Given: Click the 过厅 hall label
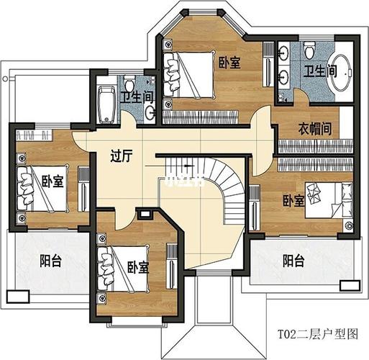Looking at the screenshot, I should [120, 155].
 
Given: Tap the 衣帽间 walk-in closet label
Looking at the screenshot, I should [314, 130].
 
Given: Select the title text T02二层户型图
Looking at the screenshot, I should [318, 334].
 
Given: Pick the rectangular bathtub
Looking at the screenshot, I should [106, 104].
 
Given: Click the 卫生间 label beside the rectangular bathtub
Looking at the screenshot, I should [135, 97].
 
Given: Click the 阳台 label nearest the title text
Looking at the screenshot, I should [293, 261].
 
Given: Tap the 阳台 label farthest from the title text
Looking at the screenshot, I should [50, 261].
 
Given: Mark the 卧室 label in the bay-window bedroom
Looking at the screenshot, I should [229, 63].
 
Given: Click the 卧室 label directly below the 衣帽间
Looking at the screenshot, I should [293, 200].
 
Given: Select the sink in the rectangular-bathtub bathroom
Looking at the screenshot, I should [150, 112].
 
